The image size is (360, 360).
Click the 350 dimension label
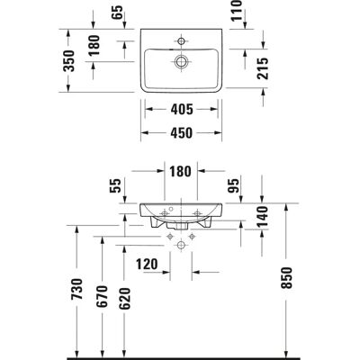69,61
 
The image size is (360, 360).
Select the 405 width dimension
182,109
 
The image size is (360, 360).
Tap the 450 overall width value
182,133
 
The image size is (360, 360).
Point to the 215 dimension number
263,68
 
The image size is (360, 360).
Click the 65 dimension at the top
118,13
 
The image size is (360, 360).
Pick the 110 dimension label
237,10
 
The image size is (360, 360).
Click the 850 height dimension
287,277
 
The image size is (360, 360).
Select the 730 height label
77,290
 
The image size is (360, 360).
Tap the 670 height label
102,297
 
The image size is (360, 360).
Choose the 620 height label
125,299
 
